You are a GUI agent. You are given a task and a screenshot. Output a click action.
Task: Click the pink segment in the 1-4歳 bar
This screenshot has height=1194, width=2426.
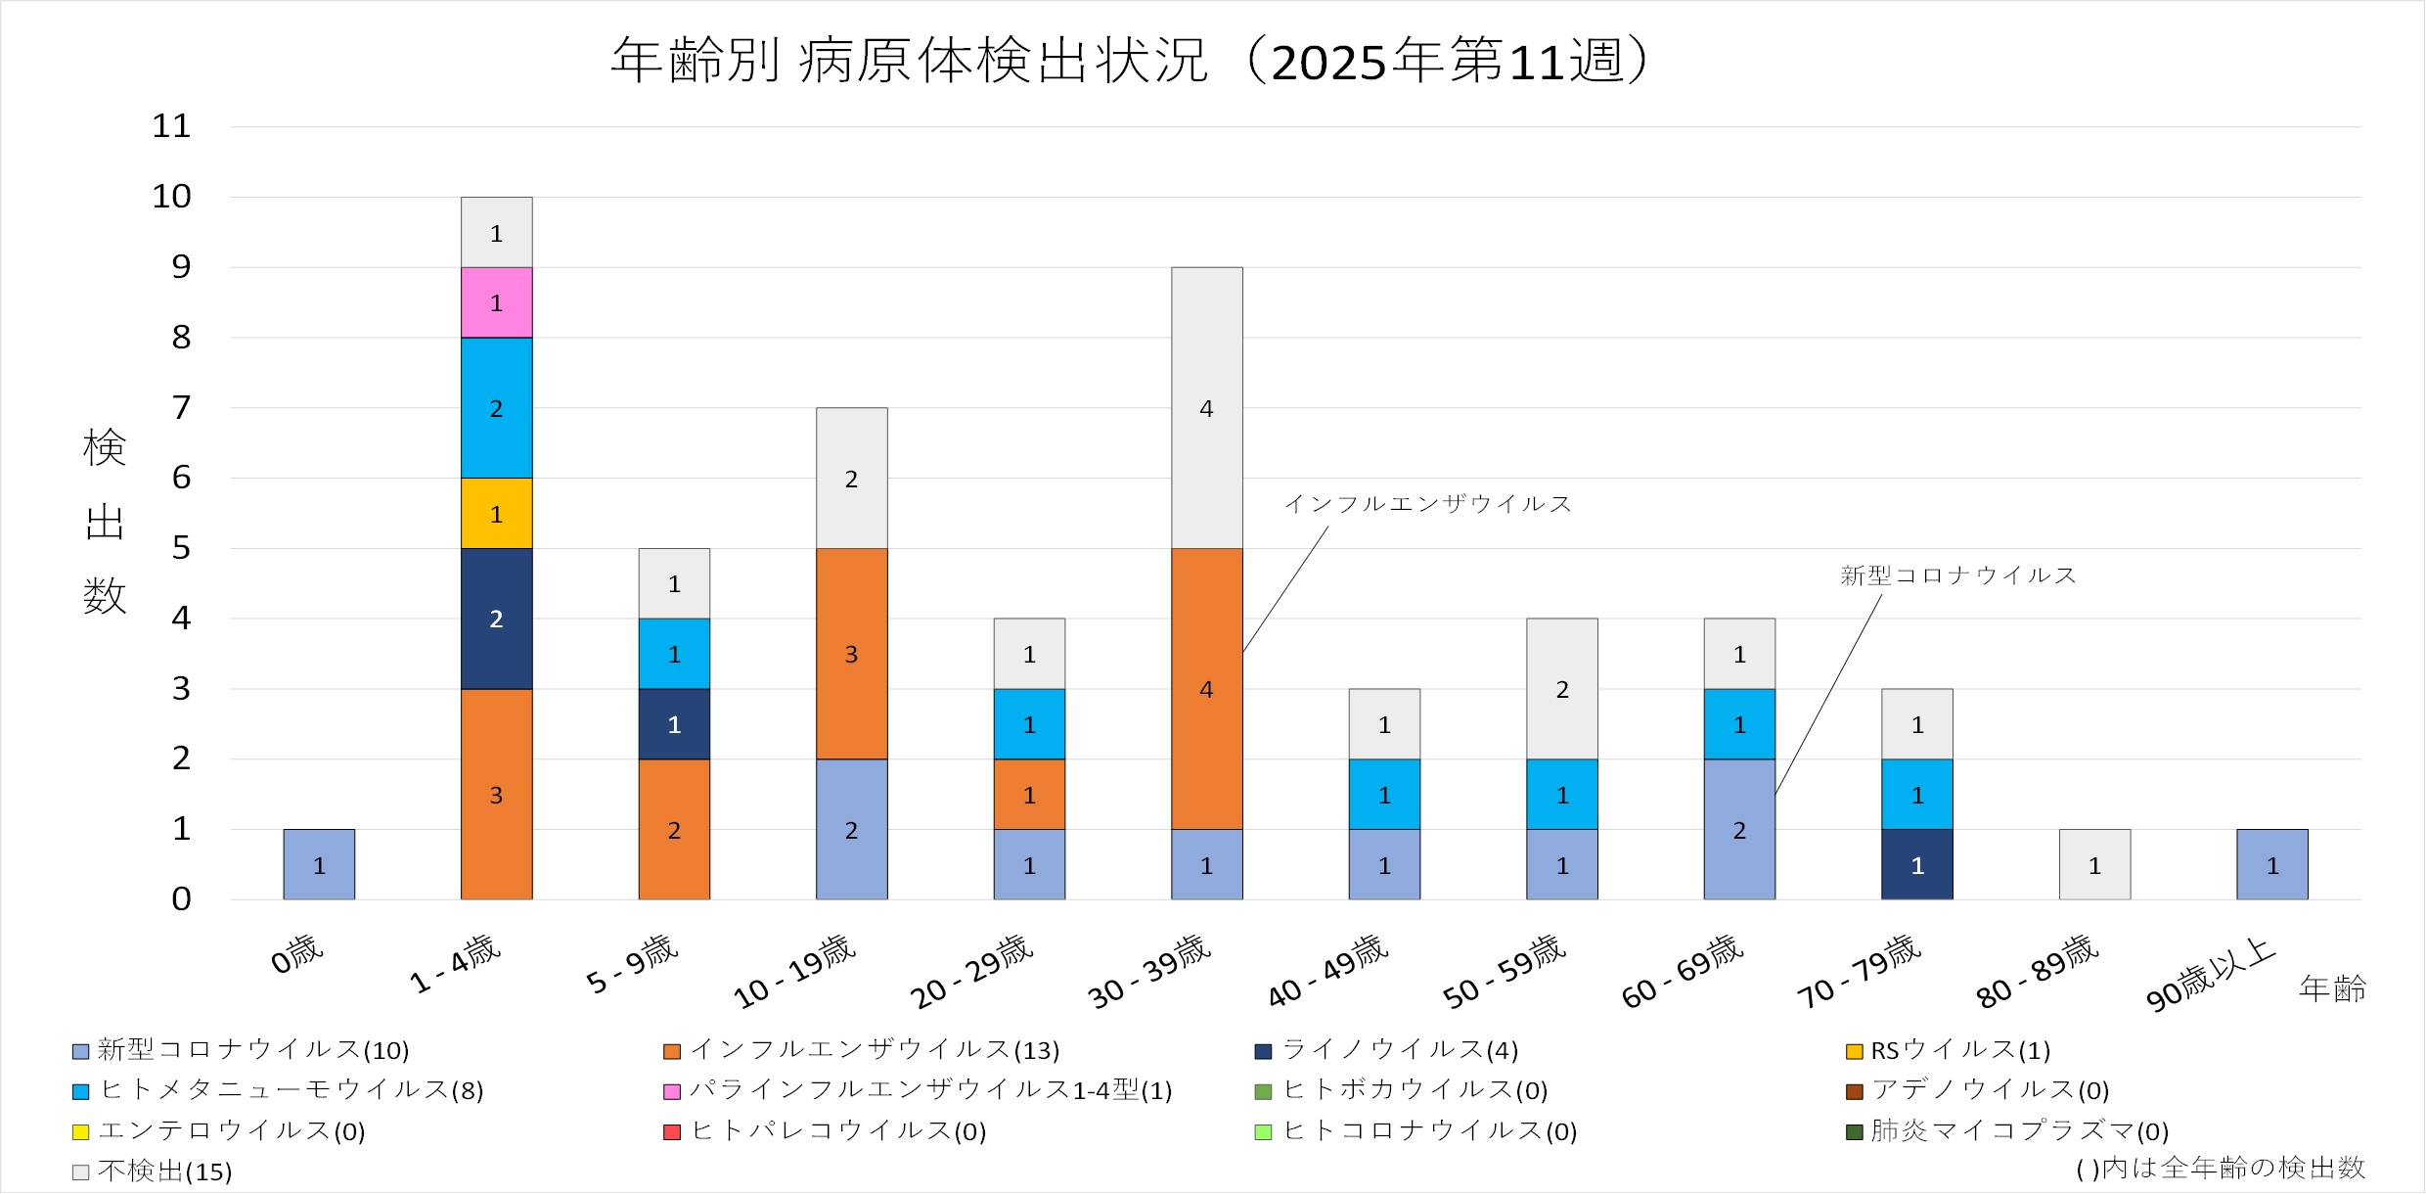coord(497,302)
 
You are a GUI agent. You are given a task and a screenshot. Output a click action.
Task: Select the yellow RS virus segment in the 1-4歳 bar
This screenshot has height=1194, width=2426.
coord(497,513)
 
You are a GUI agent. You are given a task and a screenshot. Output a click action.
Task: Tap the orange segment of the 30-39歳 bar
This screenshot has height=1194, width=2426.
coord(1207,688)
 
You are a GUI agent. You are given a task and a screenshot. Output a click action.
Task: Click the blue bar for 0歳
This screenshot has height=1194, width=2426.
coord(319,864)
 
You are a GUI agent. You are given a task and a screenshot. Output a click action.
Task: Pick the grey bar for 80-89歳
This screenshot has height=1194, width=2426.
coord(2094,864)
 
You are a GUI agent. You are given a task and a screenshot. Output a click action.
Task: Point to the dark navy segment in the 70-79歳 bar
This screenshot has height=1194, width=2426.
coord(1917,864)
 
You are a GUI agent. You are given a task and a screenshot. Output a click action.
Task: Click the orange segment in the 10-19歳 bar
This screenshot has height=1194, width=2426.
coord(852,653)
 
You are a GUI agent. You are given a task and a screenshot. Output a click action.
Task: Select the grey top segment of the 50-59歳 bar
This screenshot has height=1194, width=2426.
coord(1562,688)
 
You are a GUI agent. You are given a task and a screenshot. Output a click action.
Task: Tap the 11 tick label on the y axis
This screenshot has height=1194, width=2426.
coord(171,126)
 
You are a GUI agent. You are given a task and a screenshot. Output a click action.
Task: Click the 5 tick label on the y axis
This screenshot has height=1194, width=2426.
coord(181,548)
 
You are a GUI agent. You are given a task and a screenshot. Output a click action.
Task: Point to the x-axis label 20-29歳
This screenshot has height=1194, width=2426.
coord(971,972)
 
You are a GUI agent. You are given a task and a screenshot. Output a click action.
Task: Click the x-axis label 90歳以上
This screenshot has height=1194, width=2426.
coord(2211,974)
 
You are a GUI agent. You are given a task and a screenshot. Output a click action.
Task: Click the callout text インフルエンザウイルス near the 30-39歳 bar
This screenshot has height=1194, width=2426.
coord(1427,504)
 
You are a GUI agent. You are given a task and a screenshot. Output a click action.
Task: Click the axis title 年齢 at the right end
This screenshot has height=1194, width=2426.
coord(2332,988)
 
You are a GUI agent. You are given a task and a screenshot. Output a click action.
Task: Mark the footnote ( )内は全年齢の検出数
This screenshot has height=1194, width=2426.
coord(2221,1168)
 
